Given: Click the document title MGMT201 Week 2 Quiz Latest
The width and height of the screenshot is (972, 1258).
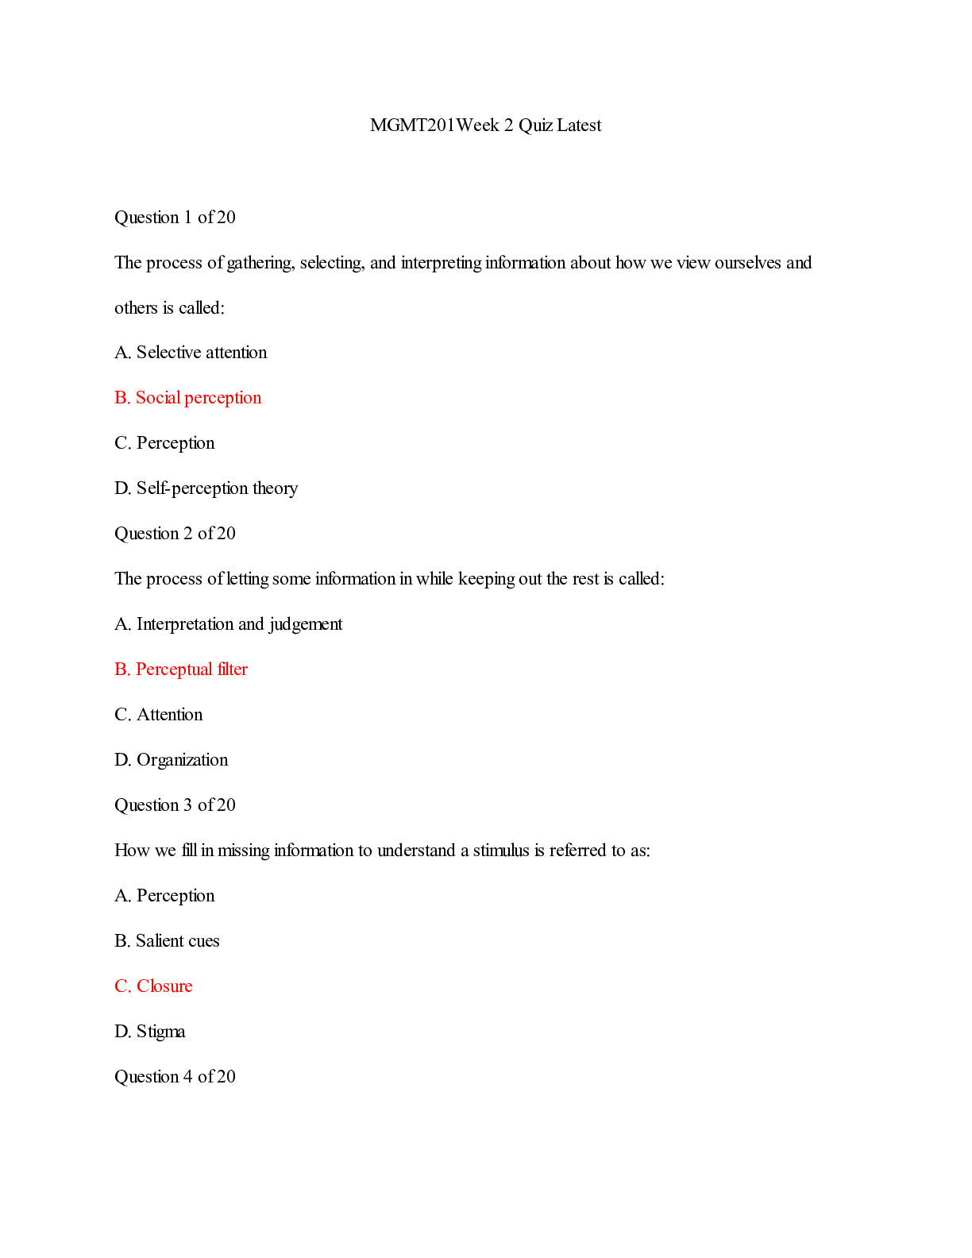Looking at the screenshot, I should (x=485, y=125).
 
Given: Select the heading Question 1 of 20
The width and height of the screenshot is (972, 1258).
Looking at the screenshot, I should (x=175, y=218).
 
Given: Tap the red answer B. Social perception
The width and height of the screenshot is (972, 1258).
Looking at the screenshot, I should (x=187, y=398).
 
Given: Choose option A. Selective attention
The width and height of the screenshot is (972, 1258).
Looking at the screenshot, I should (x=191, y=353).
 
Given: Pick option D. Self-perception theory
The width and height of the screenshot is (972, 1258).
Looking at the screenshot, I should (x=206, y=488).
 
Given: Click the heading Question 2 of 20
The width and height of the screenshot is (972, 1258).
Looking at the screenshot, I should (x=175, y=534).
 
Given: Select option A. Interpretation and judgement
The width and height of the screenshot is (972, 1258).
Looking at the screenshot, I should (x=228, y=624).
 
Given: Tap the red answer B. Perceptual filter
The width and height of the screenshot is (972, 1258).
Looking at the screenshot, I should (x=181, y=670).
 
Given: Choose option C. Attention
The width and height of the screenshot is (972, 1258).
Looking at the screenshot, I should (x=158, y=715).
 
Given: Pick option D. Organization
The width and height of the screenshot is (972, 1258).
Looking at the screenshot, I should (x=171, y=760).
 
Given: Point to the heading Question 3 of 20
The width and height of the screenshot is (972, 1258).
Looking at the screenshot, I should (x=175, y=805).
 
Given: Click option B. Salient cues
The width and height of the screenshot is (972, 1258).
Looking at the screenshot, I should (x=167, y=941).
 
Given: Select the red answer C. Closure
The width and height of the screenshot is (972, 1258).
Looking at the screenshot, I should (x=153, y=986).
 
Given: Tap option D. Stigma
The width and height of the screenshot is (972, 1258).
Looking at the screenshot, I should (x=149, y=1032).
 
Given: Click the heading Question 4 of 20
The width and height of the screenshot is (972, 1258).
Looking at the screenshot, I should (x=175, y=1077).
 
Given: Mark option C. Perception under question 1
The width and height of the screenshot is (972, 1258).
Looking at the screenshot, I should (x=164, y=443).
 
